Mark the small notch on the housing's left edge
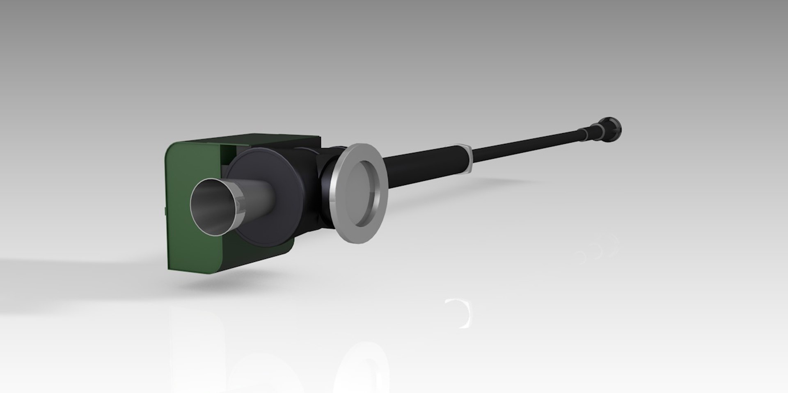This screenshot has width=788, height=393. tap(164, 211)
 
